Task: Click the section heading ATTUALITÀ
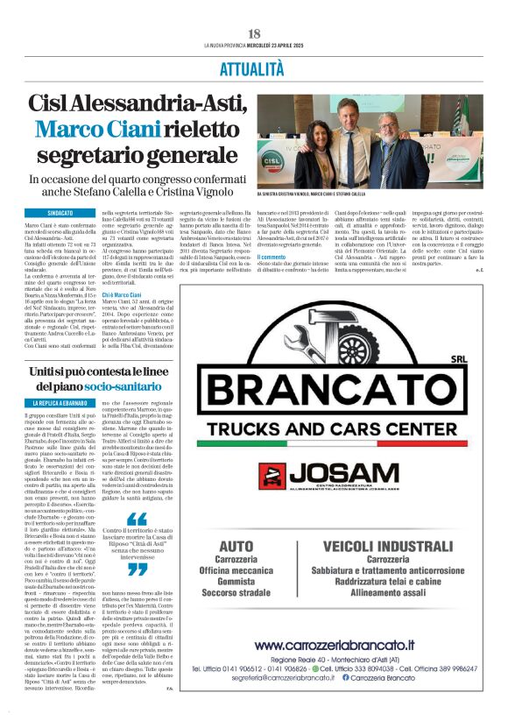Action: point(253,67)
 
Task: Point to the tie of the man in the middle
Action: point(350,147)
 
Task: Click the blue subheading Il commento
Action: point(272,257)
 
